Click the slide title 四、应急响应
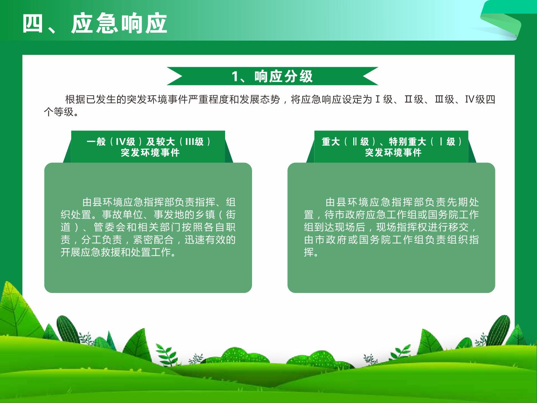click(x=95, y=24)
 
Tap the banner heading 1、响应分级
click(x=272, y=76)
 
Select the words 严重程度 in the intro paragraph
click(x=209, y=99)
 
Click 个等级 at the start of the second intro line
click(x=59, y=112)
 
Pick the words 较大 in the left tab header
click(x=166, y=142)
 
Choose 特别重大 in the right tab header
click(x=407, y=142)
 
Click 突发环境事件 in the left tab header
click(x=150, y=153)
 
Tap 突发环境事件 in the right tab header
click(x=393, y=153)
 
